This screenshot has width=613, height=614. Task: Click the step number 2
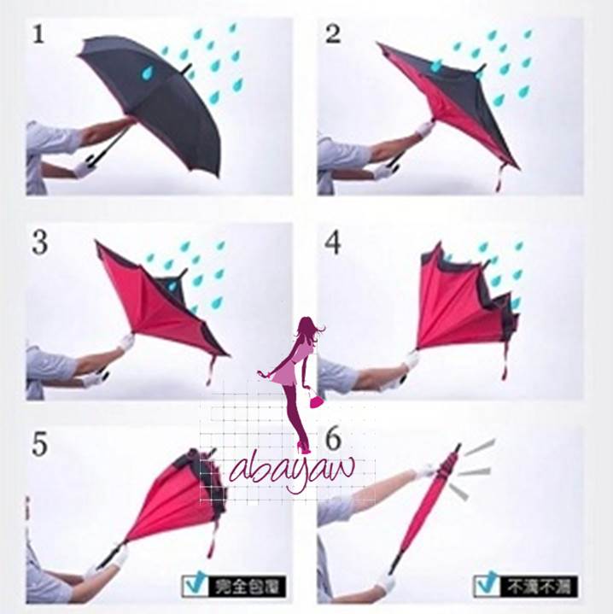click(333, 34)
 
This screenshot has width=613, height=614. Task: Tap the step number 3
click(39, 243)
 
